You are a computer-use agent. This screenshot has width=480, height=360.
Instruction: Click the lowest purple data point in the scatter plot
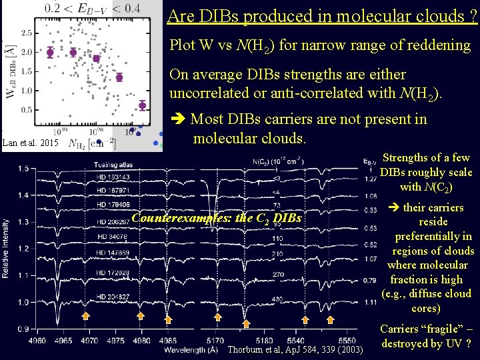pyautogui.click(x=143, y=105)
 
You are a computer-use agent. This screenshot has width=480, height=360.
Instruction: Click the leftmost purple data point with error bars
pyautogui.click(x=49, y=52)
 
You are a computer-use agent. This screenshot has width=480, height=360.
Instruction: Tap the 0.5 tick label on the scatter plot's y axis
pyautogui.click(x=27, y=109)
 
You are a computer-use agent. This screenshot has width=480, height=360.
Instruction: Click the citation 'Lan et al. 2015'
pyautogui.click(x=31, y=143)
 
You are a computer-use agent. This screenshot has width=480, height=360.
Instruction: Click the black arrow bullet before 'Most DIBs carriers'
pyautogui.click(x=178, y=119)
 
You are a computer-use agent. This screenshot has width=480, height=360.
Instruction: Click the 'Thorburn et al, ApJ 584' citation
pyautogui.click(x=295, y=350)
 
